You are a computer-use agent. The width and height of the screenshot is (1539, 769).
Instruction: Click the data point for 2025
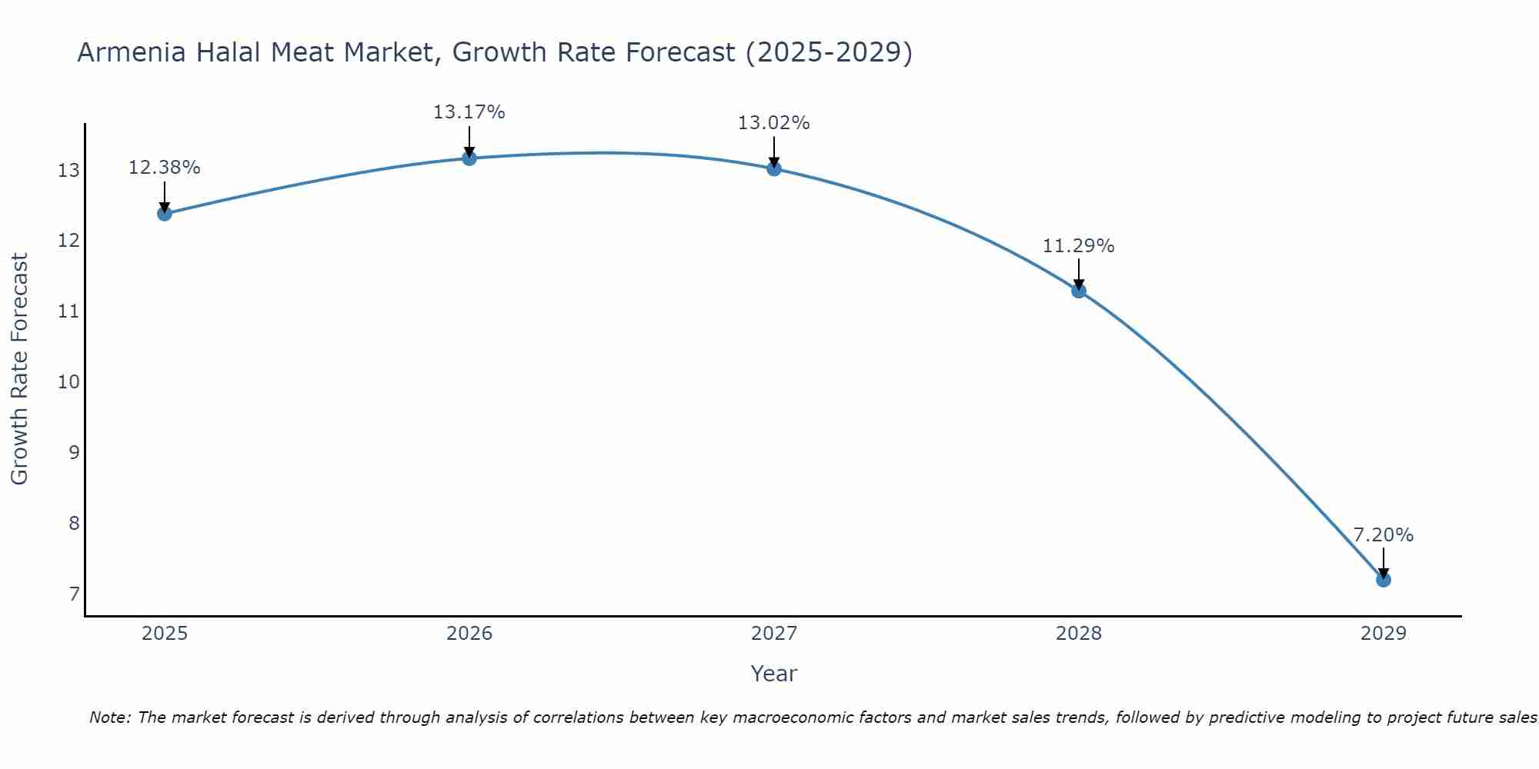[164, 213]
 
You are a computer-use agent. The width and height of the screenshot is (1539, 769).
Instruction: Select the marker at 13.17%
[469, 158]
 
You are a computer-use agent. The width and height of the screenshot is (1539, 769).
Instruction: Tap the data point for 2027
[773, 168]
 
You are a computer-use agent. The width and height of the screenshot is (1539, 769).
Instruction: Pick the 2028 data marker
[1078, 290]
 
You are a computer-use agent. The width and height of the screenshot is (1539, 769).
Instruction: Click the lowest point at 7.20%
[1383, 579]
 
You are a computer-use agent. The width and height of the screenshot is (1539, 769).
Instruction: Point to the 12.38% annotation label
[164, 168]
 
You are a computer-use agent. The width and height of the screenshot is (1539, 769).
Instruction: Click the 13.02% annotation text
[773, 123]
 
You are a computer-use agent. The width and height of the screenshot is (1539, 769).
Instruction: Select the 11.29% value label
[1078, 246]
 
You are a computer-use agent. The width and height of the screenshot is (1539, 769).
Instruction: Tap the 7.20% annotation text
[1383, 535]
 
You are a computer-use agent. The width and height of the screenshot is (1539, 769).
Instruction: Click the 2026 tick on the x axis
[469, 634]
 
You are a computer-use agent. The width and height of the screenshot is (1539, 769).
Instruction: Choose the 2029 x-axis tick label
[1383, 634]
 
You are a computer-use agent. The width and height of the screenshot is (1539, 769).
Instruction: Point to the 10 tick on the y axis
[68, 382]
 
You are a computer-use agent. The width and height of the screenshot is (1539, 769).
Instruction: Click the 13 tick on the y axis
[68, 171]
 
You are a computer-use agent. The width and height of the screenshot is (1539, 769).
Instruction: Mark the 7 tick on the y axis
[74, 594]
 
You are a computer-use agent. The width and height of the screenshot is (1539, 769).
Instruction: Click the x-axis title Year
[773, 674]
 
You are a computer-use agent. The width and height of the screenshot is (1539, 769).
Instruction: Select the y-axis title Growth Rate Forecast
[20, 369]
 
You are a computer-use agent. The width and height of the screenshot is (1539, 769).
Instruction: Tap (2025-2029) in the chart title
[829, 53]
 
